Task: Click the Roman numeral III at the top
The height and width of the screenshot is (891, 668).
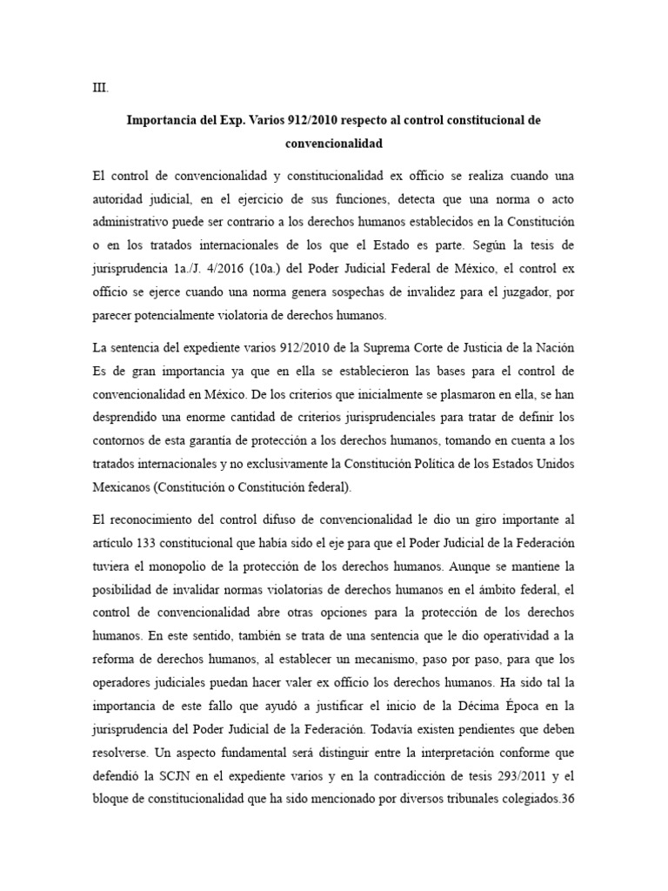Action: click(x=100, y=87)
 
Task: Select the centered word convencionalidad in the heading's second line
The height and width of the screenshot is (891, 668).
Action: click(x=334, y=144)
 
